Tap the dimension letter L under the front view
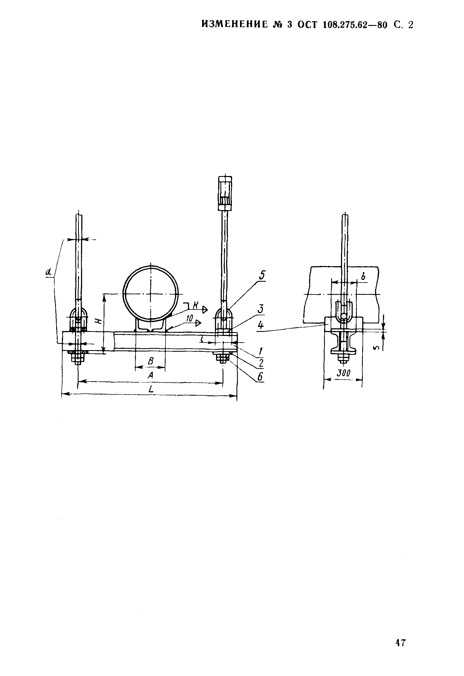[151, 389]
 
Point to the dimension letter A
[150, 375]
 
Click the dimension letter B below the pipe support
[151, 361]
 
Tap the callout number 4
[261, 325]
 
